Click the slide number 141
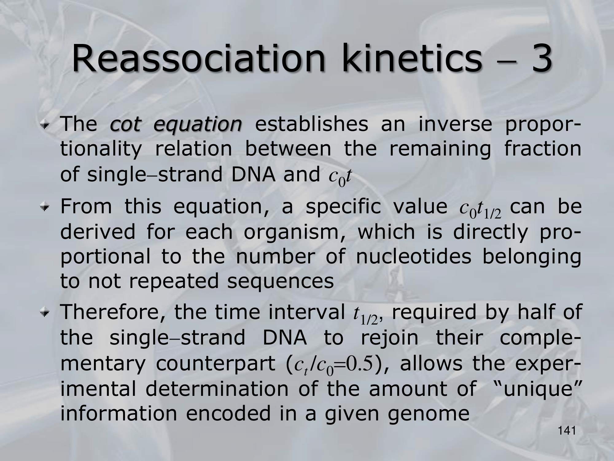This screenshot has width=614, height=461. coord(566,431)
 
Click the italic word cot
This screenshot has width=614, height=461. coord(125,124)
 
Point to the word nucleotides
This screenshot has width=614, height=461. coord(413,257)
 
